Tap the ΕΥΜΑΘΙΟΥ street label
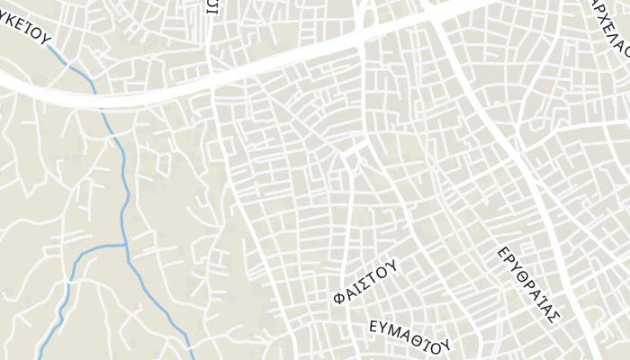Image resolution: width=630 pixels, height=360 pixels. coord(409,335)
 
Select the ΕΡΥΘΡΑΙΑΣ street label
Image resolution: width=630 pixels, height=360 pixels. coord(529,283)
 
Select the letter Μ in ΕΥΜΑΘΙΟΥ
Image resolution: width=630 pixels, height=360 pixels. coord(397,329)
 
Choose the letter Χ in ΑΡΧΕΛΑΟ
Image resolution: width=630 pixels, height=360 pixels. coord(601,16)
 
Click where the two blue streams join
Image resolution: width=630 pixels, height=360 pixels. coord(126,245)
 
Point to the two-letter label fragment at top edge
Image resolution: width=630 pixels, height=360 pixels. coord(212,7)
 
